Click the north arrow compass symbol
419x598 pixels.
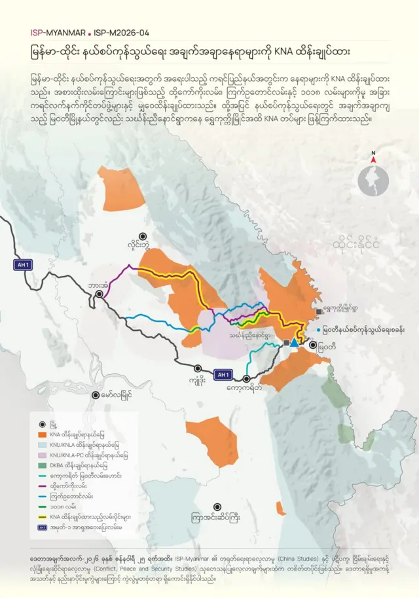[373, 157]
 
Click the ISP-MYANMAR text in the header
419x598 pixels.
[58, 31]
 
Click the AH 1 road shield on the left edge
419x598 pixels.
[24, 265]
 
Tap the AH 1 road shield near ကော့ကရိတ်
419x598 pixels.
[223, 374]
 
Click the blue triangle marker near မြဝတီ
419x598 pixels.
[294, 342]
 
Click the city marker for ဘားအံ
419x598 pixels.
[100, 295]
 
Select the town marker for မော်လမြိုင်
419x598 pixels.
[96, 395]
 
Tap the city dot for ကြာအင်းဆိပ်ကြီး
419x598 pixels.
[219, 506]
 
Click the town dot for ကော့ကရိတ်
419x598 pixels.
[247, 378]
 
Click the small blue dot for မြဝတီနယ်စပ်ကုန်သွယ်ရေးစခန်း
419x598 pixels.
[318, 330]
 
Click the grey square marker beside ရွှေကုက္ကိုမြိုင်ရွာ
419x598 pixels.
[319, 312]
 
